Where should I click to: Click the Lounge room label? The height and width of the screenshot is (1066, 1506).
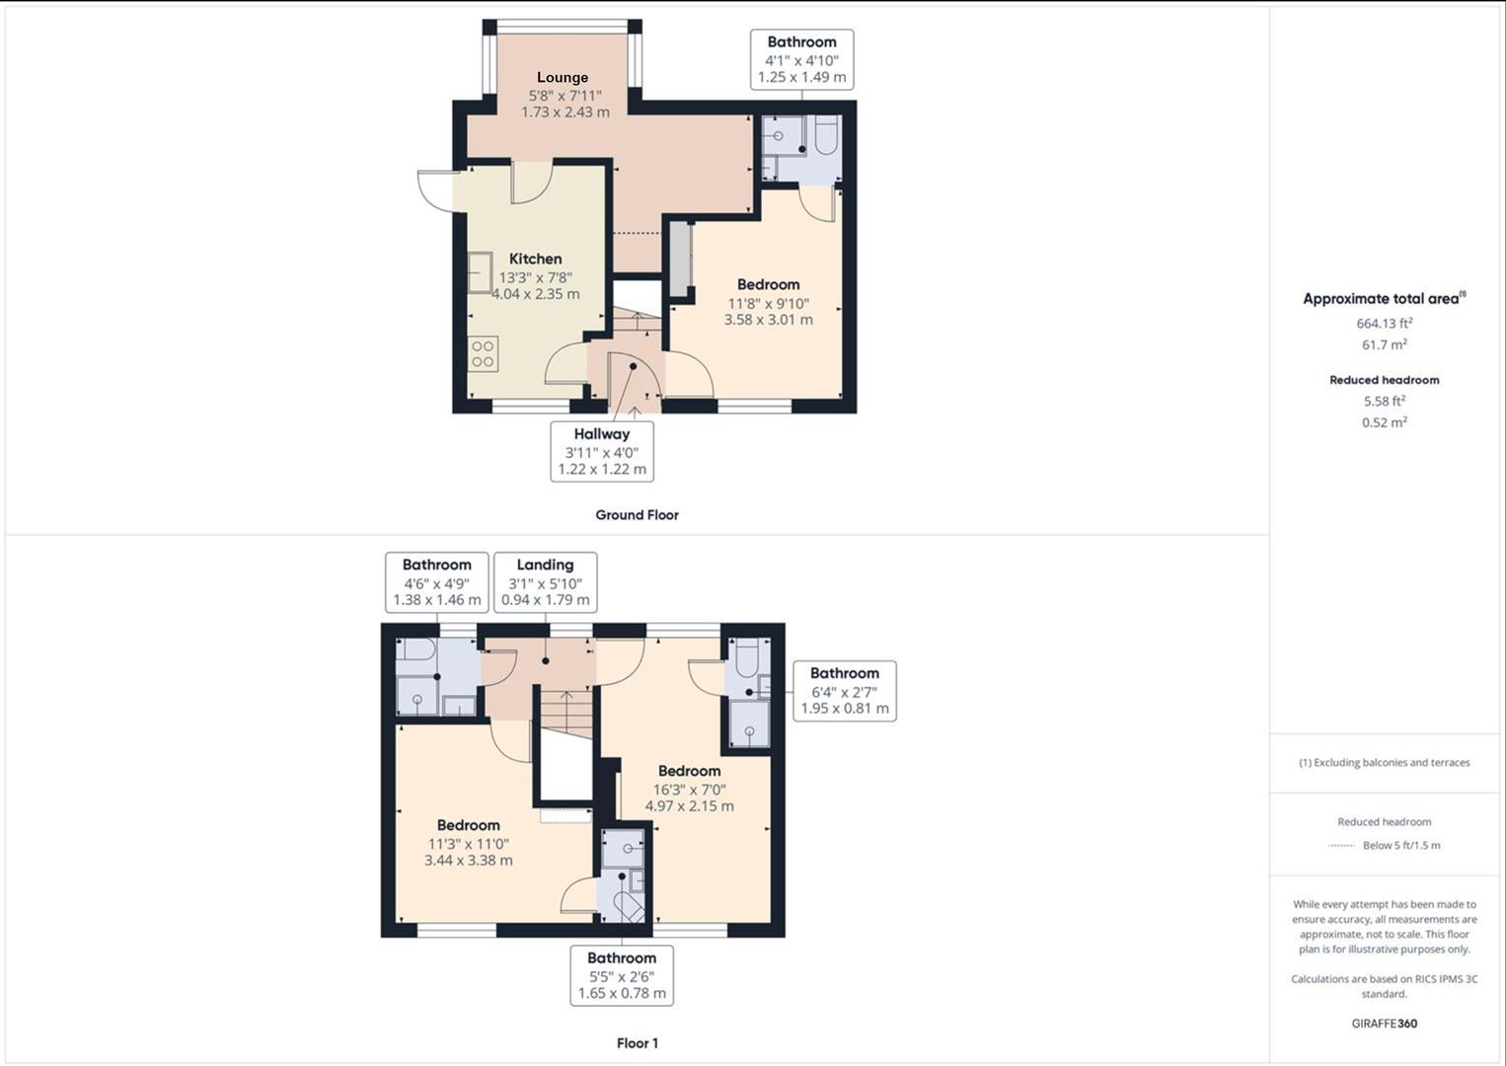563,77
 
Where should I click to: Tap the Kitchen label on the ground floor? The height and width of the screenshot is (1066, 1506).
535,259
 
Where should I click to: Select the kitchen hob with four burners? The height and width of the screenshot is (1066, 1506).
483,353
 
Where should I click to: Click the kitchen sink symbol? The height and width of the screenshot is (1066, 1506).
480,272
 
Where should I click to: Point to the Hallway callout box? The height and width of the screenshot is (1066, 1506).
602,451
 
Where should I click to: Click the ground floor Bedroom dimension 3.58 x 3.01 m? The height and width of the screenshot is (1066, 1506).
768,320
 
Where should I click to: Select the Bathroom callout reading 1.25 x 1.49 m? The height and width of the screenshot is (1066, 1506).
801,59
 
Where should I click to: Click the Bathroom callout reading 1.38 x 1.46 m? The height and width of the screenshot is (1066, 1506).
436,582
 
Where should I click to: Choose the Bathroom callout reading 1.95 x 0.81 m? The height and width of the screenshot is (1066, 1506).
844,691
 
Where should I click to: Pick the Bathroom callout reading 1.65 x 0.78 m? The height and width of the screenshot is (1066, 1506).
622,975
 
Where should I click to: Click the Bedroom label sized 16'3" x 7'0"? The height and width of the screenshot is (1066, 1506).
689,771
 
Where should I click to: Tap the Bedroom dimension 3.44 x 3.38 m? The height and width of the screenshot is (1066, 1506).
468,860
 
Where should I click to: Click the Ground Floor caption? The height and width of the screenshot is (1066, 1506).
637,514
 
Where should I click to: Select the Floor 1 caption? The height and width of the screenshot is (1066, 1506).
637,1043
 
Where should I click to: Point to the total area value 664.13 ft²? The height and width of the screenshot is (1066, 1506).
1384,323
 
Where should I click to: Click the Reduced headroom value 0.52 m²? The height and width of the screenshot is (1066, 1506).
1384,422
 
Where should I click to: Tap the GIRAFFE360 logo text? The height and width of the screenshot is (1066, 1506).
1384,1024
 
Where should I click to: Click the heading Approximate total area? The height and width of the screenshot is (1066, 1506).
1382,298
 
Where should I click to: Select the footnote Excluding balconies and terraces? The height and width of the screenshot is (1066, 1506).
1384,762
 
